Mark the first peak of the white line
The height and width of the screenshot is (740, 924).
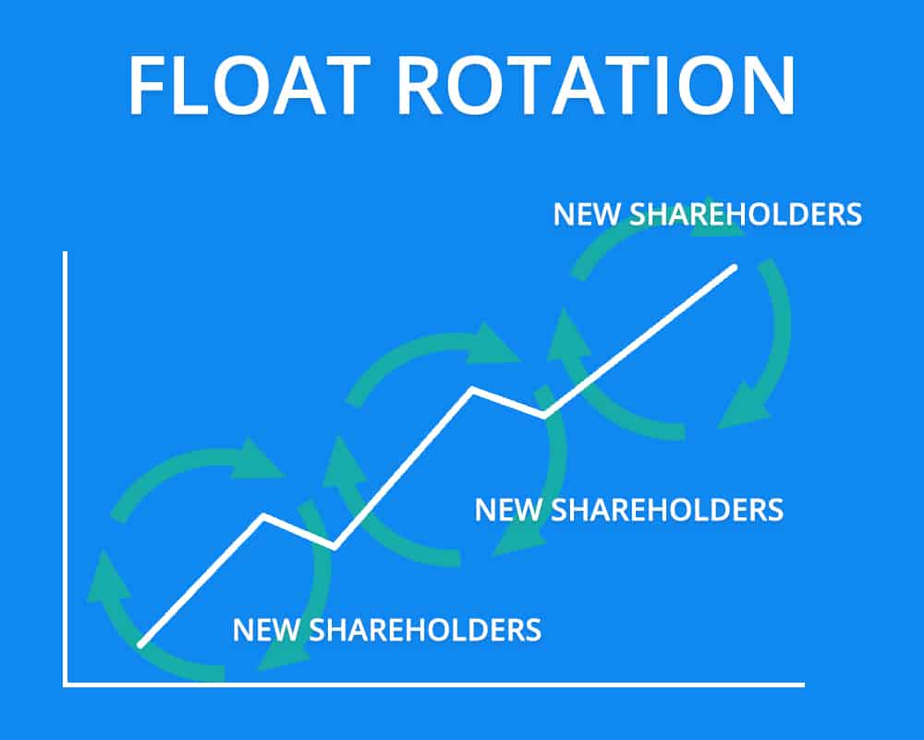264,516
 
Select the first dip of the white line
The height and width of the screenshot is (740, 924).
334,547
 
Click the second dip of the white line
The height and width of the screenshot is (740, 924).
544,416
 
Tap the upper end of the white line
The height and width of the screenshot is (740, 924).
735,268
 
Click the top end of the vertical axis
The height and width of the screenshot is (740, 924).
65,253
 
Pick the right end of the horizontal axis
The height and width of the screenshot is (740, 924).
802,685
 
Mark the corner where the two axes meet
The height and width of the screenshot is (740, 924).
66,685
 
